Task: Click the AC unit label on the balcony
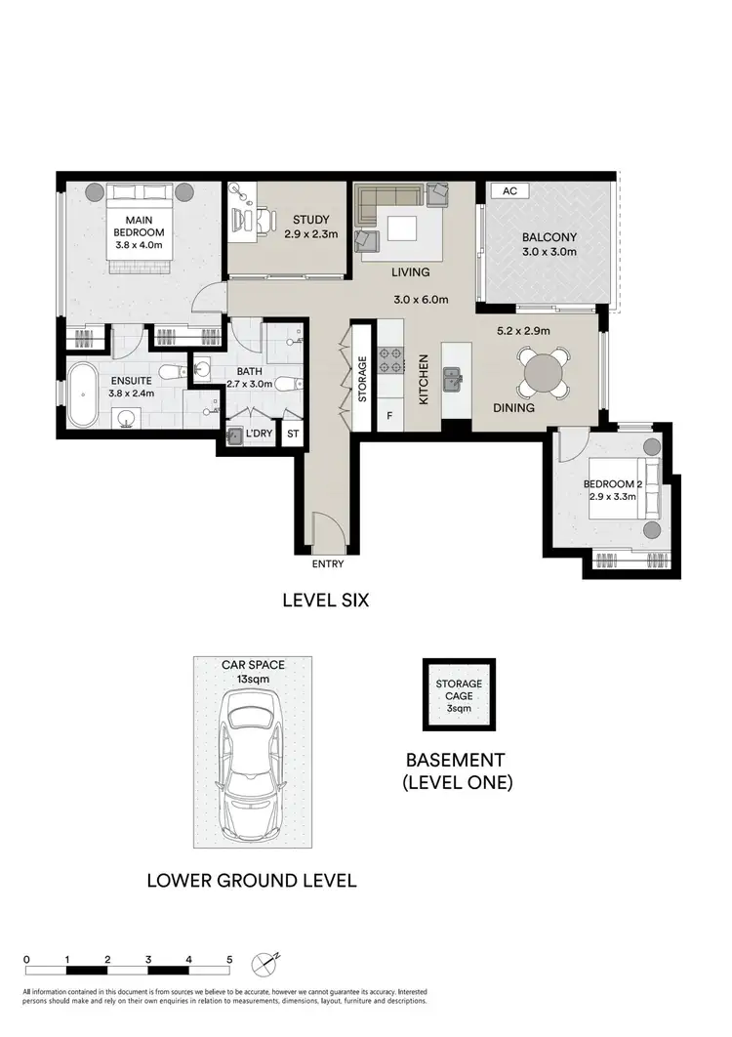point(508,191)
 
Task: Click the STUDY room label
point(307,220)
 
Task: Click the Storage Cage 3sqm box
point(456,694)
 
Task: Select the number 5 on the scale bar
point(229,960)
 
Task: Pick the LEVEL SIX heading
point(325,601)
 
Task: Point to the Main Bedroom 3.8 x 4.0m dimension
point(137,246)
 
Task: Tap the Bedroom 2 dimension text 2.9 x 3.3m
point(612,497)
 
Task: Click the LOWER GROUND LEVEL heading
point(251,880)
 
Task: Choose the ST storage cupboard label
point(293,432)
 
